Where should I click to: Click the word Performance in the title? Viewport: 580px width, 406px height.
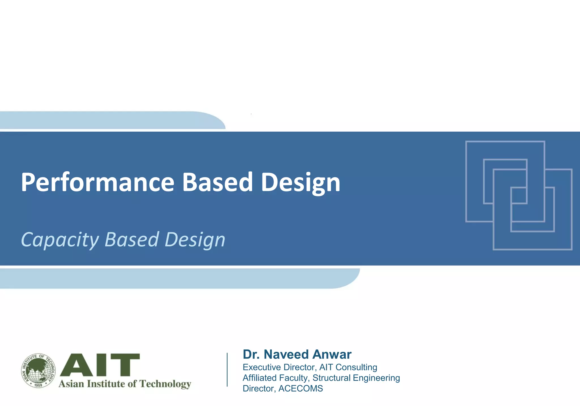click(x=98, y=183)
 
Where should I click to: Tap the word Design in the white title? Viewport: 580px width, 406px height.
click(x=300, y=183)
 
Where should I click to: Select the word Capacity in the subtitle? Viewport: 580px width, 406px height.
click(x=60, y=240)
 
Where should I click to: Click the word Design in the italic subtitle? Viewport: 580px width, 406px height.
click(x=195, y=240)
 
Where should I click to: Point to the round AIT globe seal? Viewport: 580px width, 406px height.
click(x=39, y=371)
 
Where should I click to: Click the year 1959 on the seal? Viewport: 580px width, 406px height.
click(x=38, y=385)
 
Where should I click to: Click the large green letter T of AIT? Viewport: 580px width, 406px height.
click(x=123, y=365)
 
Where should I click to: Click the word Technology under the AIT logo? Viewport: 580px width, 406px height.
click(x=165, y=384)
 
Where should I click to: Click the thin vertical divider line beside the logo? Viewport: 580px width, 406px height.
click(x=227, y=369)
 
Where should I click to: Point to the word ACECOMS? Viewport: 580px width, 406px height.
click(x=300, y=388)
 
